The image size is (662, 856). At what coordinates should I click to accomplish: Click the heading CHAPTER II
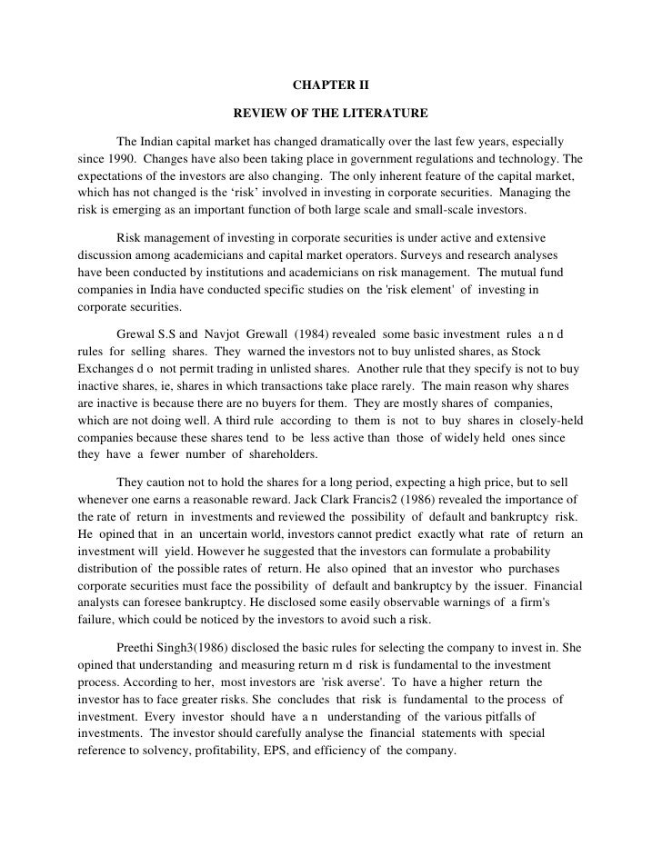(x=331, y=87)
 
